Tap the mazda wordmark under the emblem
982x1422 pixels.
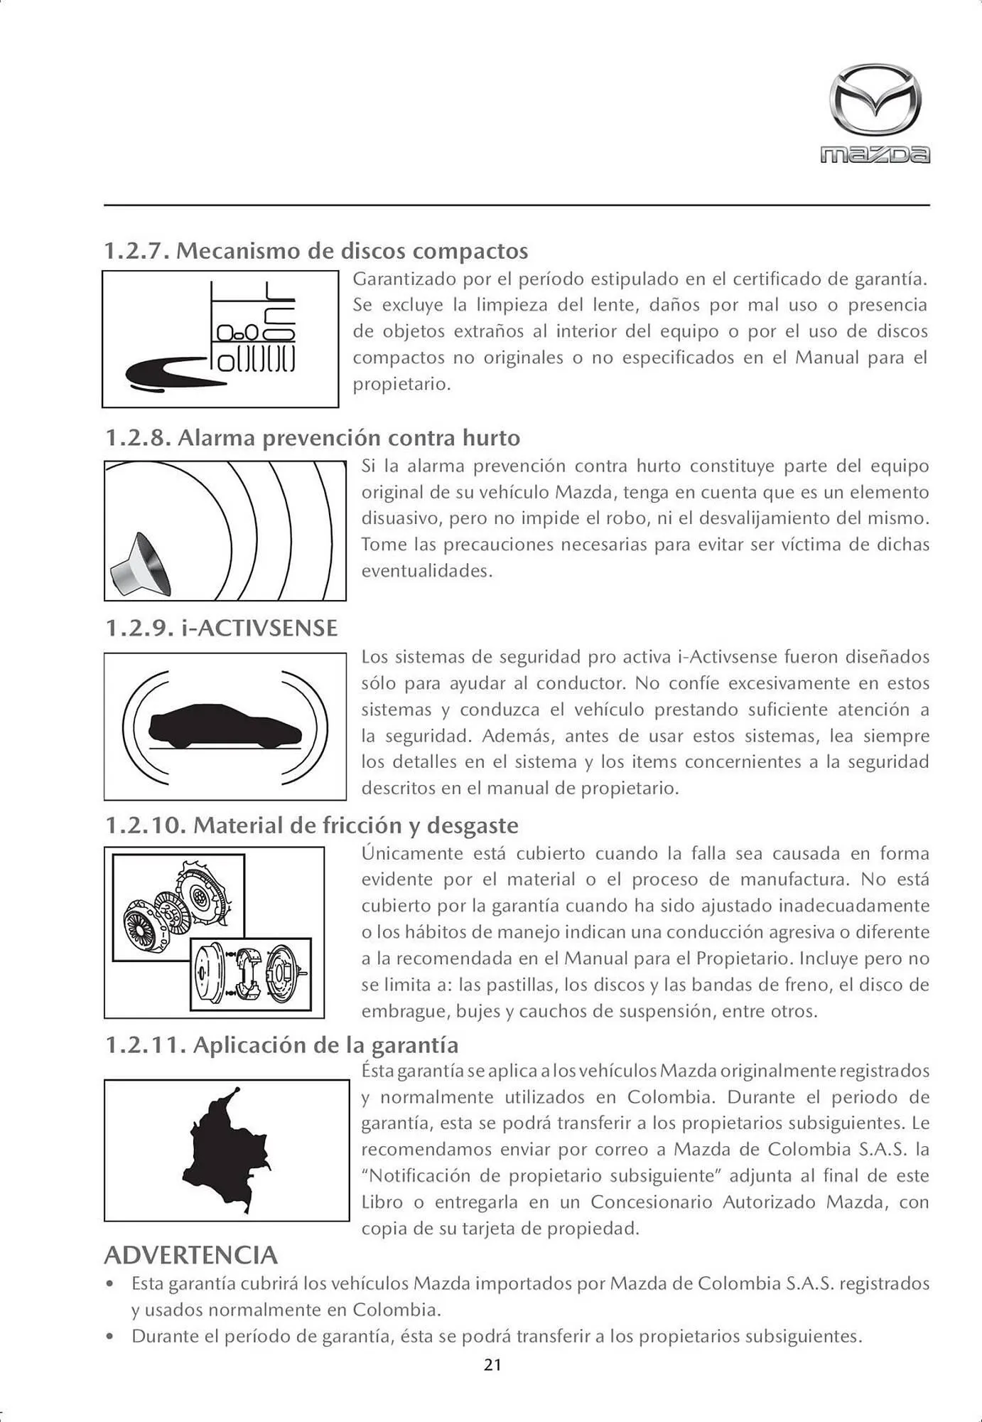coord(875,155)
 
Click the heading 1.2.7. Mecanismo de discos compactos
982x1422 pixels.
coord(316,251)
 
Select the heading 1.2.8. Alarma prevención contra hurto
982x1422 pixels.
coord(313,437)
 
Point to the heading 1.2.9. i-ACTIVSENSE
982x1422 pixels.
coord(222,628)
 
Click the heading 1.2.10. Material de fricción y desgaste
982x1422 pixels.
coord(312,825)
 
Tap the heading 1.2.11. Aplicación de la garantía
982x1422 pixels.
coord(282,1044)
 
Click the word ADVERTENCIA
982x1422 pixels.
coord(190,1255)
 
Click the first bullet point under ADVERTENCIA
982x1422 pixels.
coord(109,1285)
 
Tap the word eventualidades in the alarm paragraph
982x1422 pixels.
coord(426,571)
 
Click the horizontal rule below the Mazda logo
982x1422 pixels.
coord(517,205)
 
